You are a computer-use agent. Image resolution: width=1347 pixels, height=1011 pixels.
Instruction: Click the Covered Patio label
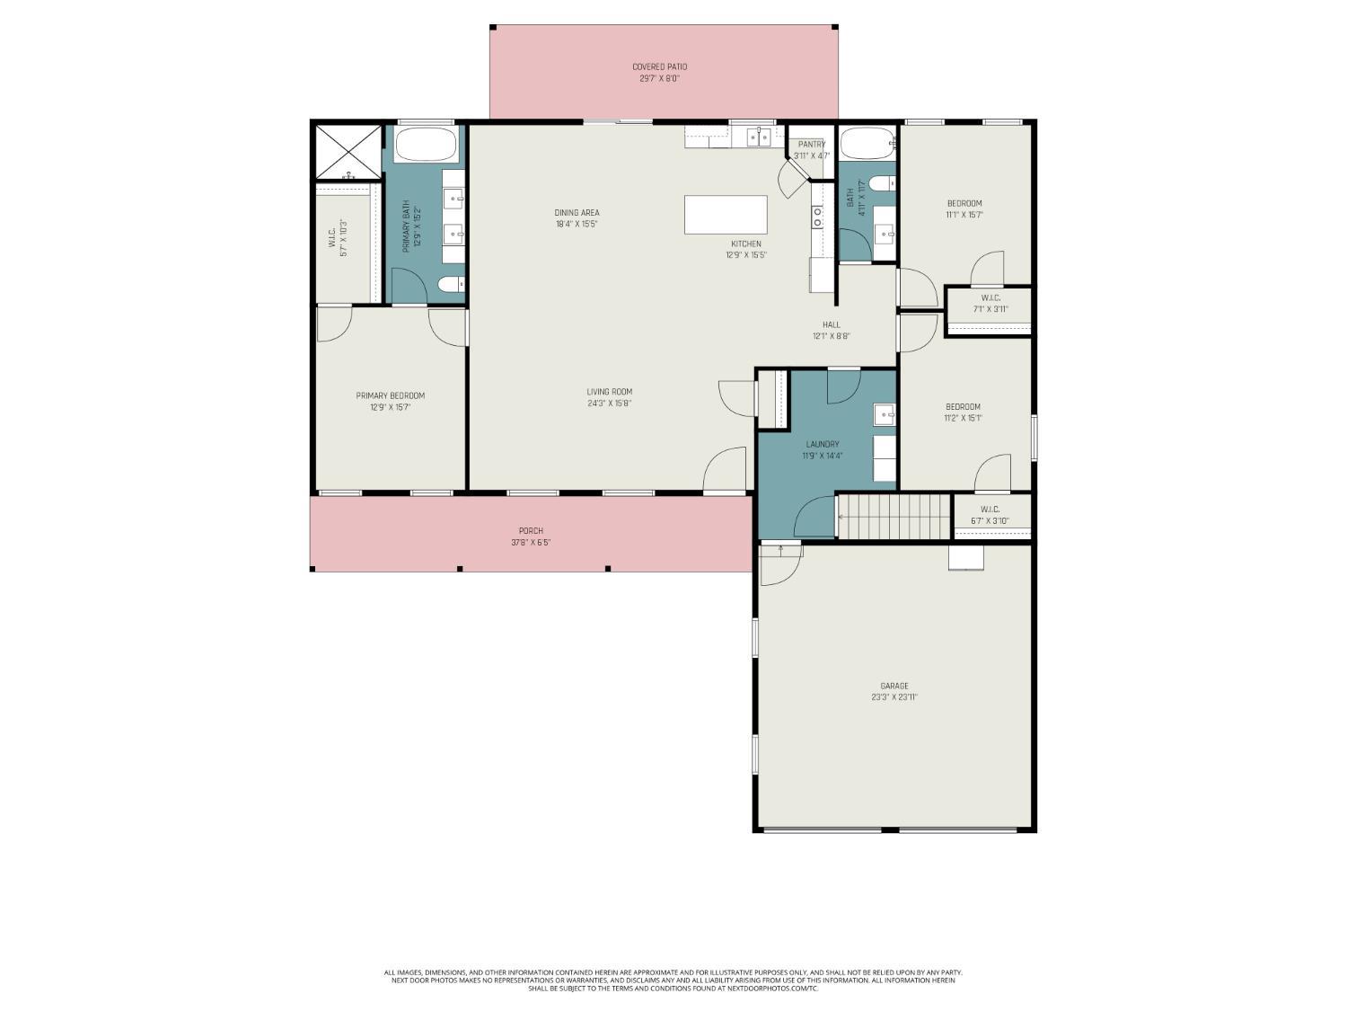point(659,67)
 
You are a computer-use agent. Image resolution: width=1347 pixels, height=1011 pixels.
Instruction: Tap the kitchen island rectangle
point(726,215)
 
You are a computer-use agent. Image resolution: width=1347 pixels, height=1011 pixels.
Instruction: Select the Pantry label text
point(812,144)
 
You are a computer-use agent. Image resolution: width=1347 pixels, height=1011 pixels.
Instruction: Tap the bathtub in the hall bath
point(867,143)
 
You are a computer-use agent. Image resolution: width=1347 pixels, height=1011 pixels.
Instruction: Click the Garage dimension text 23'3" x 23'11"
point(894,697)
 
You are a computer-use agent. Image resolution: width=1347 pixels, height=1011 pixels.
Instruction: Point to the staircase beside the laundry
point(894,516)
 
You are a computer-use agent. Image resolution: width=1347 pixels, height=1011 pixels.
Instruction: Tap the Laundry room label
point(823,444)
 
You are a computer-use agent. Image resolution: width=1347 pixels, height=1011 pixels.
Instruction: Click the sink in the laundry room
point(885,414)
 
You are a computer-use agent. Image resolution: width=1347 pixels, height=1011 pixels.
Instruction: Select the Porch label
point(531,531)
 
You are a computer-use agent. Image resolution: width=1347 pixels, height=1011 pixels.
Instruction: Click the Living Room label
point(610,392)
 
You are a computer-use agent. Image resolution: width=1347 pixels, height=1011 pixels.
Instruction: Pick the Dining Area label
point(577,213)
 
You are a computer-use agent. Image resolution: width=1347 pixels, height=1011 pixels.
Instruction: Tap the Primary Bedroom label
point(390,395)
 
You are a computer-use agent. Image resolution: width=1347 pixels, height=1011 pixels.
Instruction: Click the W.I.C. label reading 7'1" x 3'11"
point(990,298)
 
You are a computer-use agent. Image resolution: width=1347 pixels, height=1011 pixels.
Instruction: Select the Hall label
point(832,325)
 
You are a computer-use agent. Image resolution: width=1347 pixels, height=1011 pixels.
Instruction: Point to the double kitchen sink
point(759,137)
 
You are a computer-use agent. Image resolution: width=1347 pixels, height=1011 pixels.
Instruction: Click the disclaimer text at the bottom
point(673,980)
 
